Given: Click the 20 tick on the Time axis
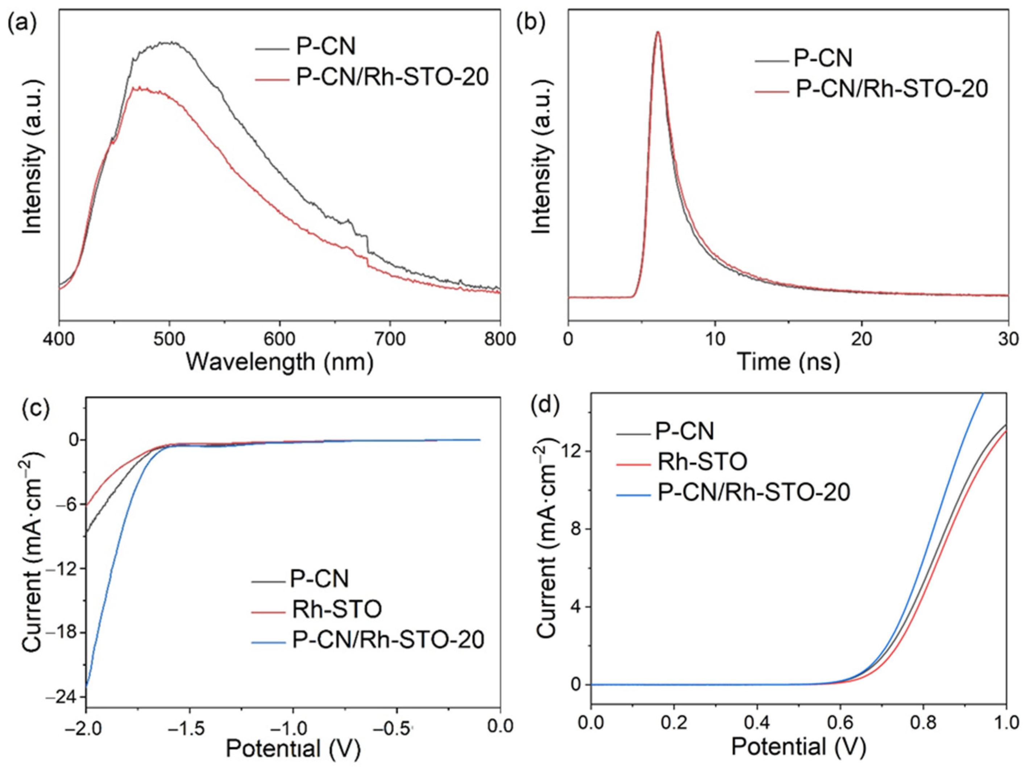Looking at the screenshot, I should pos(861,339).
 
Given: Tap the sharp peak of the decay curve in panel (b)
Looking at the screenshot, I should pos(657,33).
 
